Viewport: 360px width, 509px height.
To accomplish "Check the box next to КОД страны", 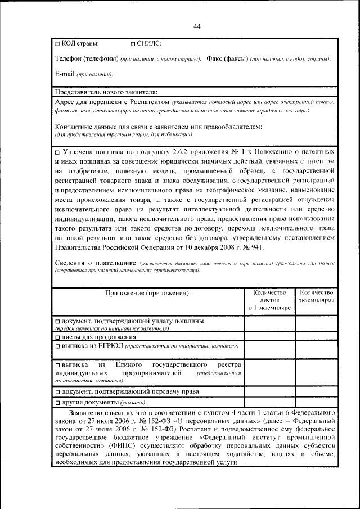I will (x=57, y=43).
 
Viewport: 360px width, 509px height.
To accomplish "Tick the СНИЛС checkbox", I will (x=133, y=43).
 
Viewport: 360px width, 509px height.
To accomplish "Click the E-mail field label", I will (x=66, y=74).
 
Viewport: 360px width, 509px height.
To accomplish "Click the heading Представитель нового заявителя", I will (x=106, y=92).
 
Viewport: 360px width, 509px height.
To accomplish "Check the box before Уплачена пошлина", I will (x=57, y=152).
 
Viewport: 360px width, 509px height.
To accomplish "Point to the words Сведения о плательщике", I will (x=93, y=263).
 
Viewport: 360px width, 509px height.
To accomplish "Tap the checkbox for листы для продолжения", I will (x=57, y=337).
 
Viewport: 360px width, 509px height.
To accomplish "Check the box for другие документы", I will (x=57, y=403).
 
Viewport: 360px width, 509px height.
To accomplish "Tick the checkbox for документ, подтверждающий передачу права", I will (x=57, y=391).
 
